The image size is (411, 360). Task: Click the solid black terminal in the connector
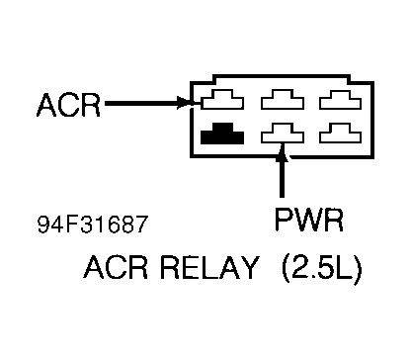coord(223,133)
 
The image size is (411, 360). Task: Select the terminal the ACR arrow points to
coord(223,101)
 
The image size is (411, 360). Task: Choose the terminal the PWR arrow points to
coord(283,133)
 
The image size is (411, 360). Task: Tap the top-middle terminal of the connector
coord(283,101)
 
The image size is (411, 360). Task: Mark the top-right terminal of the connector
coord(341,101)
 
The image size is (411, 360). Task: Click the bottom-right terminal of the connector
coord(341,133)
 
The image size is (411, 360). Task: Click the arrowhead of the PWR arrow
coord(283,151)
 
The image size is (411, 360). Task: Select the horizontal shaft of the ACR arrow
coord(143,102)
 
